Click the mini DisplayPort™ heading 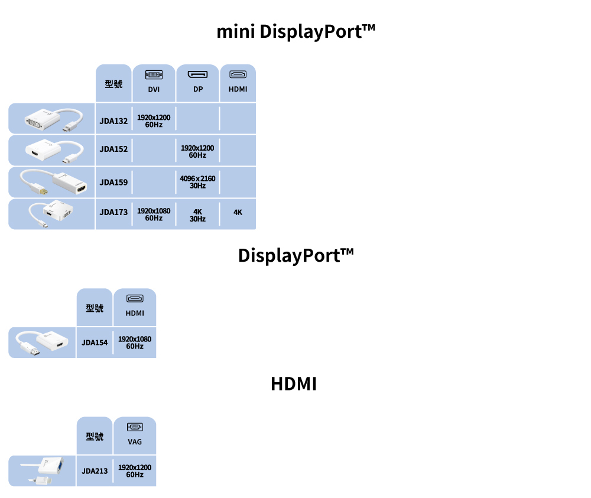(295, 31)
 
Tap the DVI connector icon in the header (154, 75)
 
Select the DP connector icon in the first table (197, 75)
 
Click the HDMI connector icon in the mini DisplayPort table (238, 75)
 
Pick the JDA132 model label (113, 121)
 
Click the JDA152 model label (113, 149)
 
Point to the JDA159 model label (113, 182)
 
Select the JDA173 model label (113, 212)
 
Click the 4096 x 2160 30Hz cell (197, 181)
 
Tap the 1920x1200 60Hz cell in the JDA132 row (154, 121)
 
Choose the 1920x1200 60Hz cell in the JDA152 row (197, 151)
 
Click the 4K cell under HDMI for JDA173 (238, 212)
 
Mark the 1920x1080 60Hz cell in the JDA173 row (154, 214)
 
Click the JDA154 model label (95, 342)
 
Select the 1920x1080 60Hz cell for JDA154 (135, 342)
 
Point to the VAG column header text (135, 442)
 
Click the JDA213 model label (95, 471)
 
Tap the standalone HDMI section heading (294, 384)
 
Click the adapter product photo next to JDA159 (52, 182)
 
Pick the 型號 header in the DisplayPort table (95, 308)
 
